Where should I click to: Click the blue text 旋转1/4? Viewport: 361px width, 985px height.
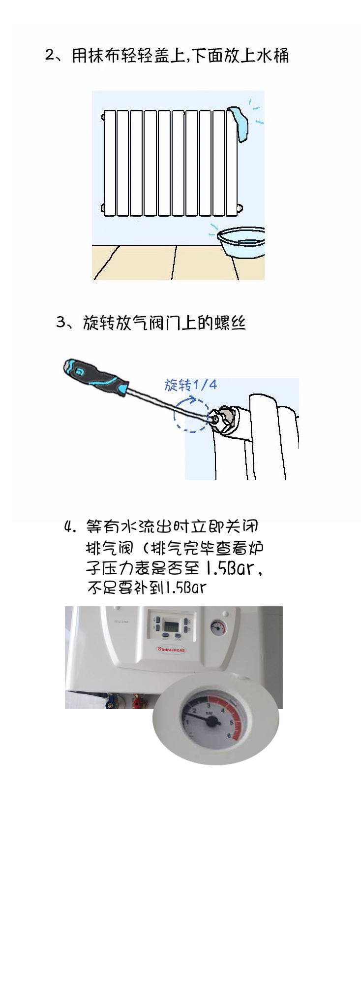(x=191, y=385)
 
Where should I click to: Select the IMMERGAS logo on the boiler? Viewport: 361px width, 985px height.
(x=171, y=650)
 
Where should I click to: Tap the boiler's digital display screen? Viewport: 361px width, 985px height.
(x=171, y=626)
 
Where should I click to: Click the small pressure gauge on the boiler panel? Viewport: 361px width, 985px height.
(x=217, y=627)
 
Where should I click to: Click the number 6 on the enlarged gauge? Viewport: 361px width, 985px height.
(x=229, y=736)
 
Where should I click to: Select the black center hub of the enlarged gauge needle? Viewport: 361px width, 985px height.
(x=212, y=722)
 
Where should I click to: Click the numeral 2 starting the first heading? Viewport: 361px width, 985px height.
(x=49, y=55)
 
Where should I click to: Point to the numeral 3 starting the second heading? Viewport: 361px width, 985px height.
(x=61, y=322)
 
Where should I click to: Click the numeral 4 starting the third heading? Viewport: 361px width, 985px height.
(x=68, y=526)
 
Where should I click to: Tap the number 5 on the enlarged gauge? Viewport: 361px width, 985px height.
(x=231, y=722)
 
